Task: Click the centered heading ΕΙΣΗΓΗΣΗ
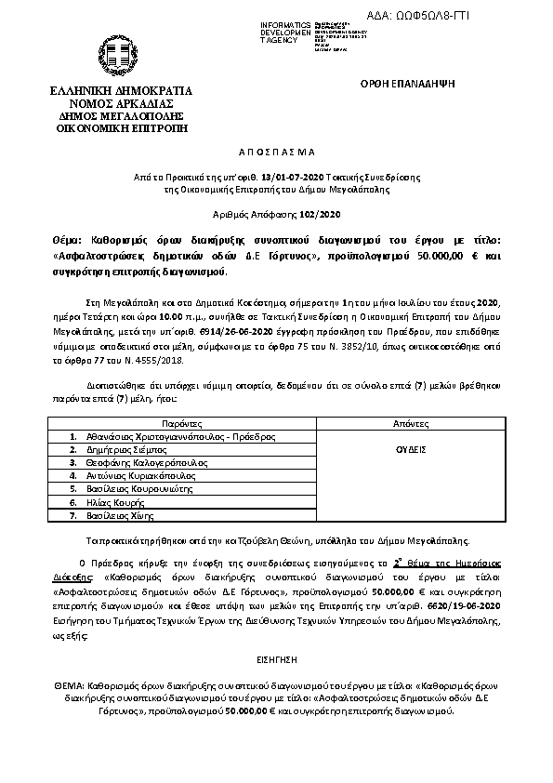pyautogui.click(x=275, y=657)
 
